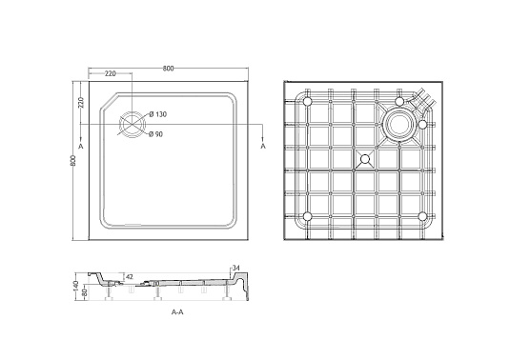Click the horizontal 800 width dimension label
pyautogui.click(x=168, y=69)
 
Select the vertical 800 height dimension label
pyautogui.click(x=72, y=161)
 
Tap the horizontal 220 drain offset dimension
pyautogui.click(x=111, y=73)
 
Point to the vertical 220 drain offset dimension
pyautogui.click(x=81, y=102)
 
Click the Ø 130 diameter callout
pyautogui.click(x=157, y=114)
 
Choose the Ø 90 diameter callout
pyautogui.click(x=155, y=134)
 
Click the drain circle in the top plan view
pyautogui.click(x=133, y=125)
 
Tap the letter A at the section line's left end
pyautogui.click(x=81, y=147)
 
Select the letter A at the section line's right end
pyautogui.click(x=263, y=147)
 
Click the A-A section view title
pyautogui.click(x=177, y=312)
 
